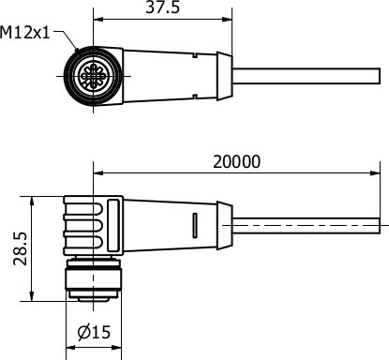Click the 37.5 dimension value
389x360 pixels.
[x=163, y=7]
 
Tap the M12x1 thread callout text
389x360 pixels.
[x=25, y=33]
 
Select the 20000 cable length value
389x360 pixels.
[x=236, y=162]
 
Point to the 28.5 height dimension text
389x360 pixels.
[x=21, y=248]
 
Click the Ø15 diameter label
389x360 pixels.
[x=94, y=332]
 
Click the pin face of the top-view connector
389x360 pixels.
[x=94, y=76]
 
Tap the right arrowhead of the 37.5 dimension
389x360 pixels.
[x=227, y=19]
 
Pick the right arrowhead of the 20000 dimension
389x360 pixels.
[x=375, y=172]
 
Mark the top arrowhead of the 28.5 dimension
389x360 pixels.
[x=32, y=202]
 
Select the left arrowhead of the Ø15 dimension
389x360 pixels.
[x=71, y=348]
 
